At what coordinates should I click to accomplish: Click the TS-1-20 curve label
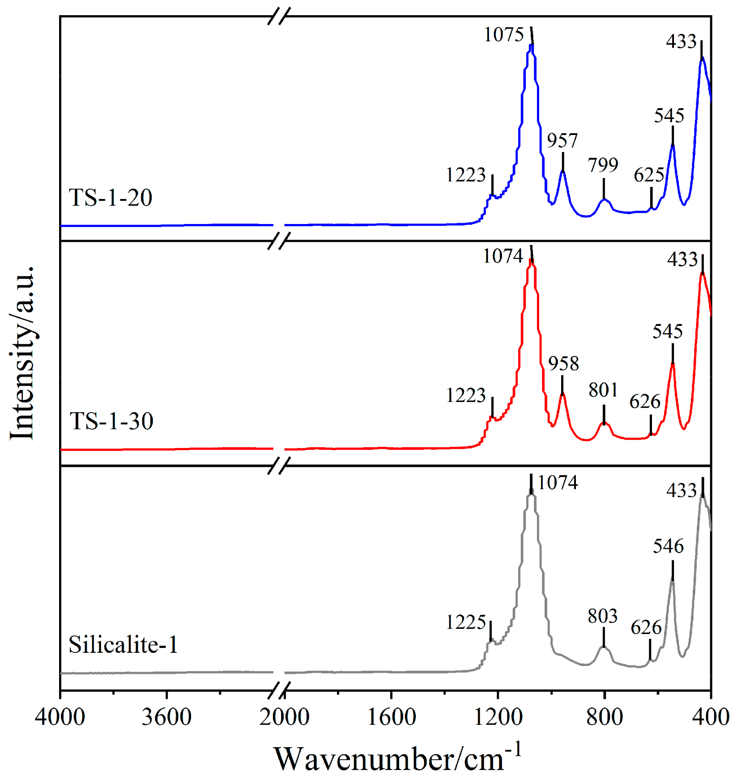coord(110,197)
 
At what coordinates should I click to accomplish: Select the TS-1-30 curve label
coord(111,421)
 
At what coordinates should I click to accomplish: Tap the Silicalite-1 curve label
coord(123,644)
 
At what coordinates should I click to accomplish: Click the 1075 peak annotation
coord(503,34)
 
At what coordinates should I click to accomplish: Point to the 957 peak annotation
coord(562,140)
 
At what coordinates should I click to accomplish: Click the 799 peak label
coord(603,165)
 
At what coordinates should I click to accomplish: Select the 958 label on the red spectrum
coord(563,363)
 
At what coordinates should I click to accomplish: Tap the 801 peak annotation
coord(603,390)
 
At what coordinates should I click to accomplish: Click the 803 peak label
coord(602,616)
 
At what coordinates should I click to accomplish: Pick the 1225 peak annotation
coord(465,622)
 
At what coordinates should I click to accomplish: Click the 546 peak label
coord(668,546)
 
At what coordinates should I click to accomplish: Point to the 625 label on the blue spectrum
coord(649,175)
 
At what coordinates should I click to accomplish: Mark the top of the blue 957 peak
coord(563,171)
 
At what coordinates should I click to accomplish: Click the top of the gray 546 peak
coord(672,580)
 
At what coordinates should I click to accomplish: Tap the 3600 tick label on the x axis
coord(166,717)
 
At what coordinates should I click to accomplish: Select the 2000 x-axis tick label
coord(284,717)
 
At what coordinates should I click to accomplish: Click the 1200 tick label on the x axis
coord(498,717)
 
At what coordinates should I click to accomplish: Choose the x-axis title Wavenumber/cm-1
coord(397,758)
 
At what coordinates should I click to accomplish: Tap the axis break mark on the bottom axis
coord(279,690)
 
